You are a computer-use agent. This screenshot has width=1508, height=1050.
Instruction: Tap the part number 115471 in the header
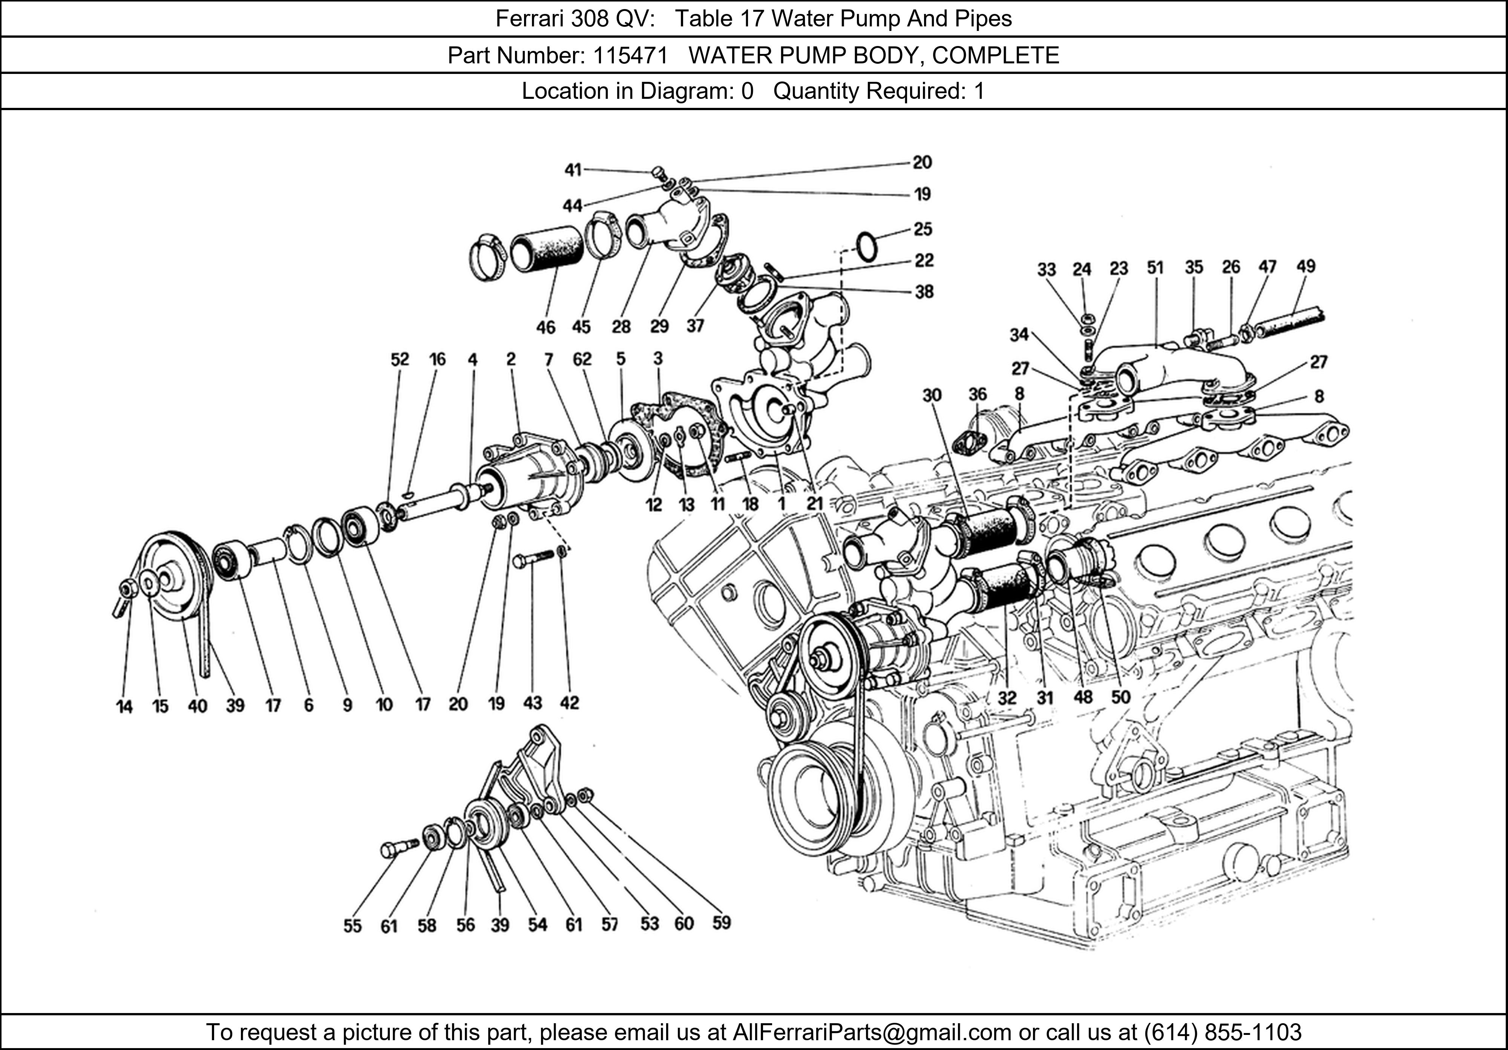pyautogui.click(x=630, y=55)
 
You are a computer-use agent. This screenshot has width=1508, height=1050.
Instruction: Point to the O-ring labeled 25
pyautogui.click(x=867, y=246)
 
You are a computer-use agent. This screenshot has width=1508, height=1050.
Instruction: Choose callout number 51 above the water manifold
pyautogui.click(x=1155, y=267)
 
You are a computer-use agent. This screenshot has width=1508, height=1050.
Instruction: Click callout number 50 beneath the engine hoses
pyautogui.click(x=1120, y=697)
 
